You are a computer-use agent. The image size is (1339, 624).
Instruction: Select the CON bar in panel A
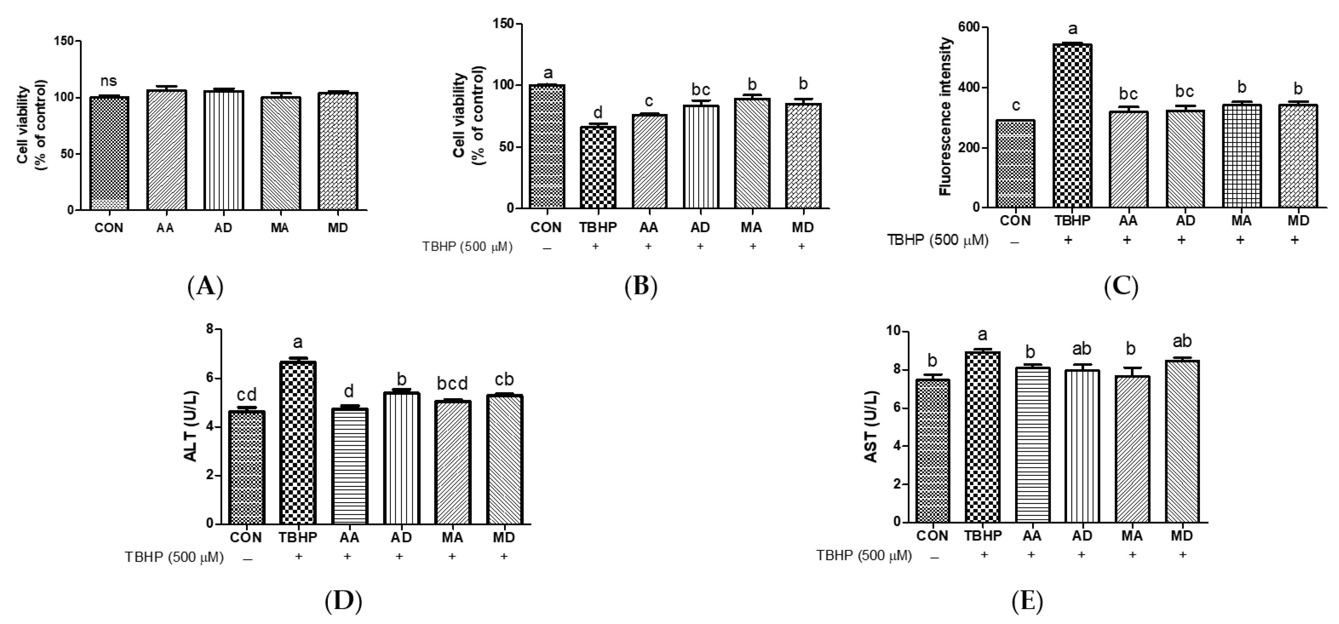pyautogui.click(x=109, y=153)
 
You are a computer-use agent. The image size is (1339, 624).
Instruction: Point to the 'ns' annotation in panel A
pyautogui.click(x=109, y=81)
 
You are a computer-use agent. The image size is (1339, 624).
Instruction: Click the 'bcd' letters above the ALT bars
pyautogui.click(x=451, y=383)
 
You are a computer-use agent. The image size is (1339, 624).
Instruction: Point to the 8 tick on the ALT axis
pyautogui.click(x=210, y=329)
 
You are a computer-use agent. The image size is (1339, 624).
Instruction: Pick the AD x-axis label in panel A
pyautogui.click(x=223, y=228)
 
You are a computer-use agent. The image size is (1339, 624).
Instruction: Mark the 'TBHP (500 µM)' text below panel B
pyautogui.click(x=467, y=247)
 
